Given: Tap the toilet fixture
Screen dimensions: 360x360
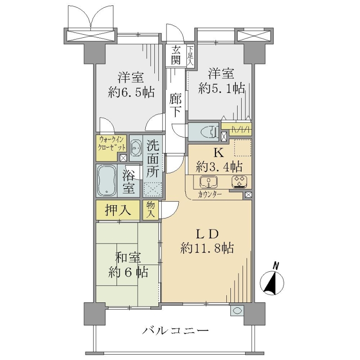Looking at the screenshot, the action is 209,132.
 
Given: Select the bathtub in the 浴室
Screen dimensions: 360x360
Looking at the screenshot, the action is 107,180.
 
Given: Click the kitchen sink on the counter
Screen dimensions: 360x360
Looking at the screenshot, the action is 208,182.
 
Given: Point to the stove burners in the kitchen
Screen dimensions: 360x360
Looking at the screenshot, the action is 239,182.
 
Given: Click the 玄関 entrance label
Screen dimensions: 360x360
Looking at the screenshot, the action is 175,55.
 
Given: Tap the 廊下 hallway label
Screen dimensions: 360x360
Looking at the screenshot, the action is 176,106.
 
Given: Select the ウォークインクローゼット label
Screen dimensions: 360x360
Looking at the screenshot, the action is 112,143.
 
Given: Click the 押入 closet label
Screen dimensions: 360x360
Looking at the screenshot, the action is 118,210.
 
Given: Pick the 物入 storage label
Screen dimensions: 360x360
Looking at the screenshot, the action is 151,210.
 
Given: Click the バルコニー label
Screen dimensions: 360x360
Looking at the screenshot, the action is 175,331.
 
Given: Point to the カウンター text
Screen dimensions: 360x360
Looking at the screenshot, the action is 210,195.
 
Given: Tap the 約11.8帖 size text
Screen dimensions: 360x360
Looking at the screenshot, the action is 207,248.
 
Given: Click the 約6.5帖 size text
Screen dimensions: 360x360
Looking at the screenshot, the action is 131,93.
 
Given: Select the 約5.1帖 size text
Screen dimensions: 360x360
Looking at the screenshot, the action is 221,88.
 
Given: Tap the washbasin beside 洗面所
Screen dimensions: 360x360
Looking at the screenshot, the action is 136,148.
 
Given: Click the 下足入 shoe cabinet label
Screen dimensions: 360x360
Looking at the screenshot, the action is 190,56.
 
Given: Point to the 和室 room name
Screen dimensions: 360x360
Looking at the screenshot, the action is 128,258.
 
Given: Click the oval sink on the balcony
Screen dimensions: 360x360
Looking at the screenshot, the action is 237,310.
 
